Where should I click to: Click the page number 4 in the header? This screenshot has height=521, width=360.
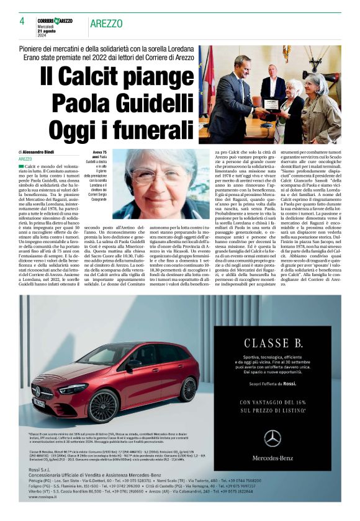[22, 21]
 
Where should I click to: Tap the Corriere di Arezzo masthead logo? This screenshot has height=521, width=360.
[55, 21]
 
